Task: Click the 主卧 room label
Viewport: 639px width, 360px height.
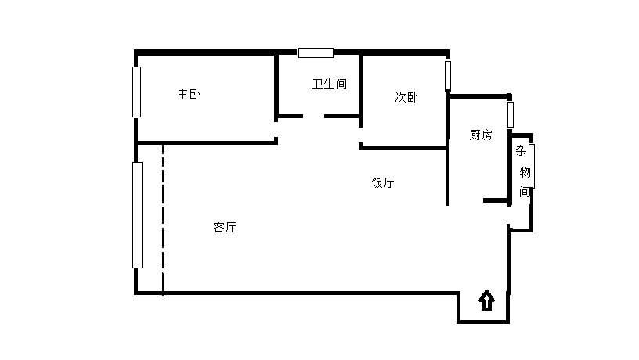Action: [x=189, y=95]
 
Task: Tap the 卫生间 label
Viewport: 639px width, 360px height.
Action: [x=330, y=84]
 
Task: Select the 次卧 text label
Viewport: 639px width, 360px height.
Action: [x=406, y=98]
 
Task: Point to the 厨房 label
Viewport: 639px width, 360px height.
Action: [x=481, y=135]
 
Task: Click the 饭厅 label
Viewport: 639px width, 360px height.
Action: [x=383, y=183]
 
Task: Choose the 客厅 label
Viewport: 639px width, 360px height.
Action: [x=225, y=228]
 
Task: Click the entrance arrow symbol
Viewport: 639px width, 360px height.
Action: [x=486, y=301]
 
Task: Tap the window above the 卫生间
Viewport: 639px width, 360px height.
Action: [x=316, y=52]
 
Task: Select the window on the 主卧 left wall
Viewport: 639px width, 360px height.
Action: [x=136, y=92]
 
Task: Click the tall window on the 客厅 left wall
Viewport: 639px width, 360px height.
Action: [x=137, y=215]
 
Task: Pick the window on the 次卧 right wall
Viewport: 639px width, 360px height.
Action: [x=448, y=76]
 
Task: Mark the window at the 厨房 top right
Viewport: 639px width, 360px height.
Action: [x=510, y=114]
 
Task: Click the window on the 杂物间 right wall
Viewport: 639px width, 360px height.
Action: [x=532, y=165]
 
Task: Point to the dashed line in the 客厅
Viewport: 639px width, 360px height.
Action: [x=163, y=219]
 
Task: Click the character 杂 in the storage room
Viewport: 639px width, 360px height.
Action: [x=521, y=152]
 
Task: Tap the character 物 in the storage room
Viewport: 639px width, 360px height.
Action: [x=525, y=172]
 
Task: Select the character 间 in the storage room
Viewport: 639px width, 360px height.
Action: [x=525, y=192]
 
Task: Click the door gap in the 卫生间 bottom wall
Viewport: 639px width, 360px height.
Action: [x=313, y=117]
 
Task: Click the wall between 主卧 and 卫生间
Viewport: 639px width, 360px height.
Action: [x=276, y=86]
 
